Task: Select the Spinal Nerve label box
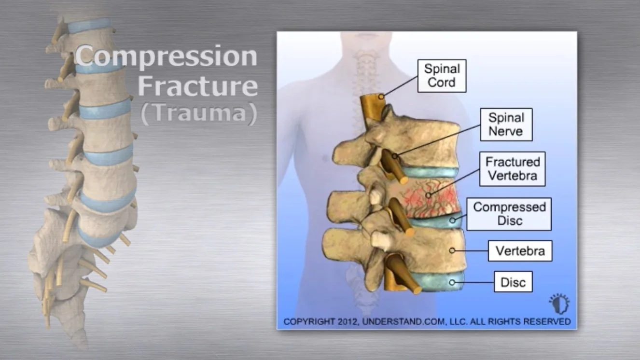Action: pyautogui.click(x=506, y=125)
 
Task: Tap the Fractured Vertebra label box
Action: pyautogui.click(x=512, y=168)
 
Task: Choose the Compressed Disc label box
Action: pyautogui.click(x=509, y=214)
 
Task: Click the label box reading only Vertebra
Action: pyautogui.click(x=520, y=251)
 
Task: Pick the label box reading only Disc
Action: pyautogui.click(x=513, y=282)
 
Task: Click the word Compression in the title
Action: pyautogui.click(x=167, y=56)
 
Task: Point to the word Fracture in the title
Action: pyautogui.click(x=198, y=86)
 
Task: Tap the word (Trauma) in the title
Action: pyautogui.click(x=198, y=114)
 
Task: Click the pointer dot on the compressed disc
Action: pyautogui.click(x=452, y=221)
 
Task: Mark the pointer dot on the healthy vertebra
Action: pyautogui.click(x=452, y=250)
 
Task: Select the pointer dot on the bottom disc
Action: pyautogui.click(x=452, y=282)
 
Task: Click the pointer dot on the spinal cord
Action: pyautogui.click(x=381, y=97)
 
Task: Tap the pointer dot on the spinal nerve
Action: pyautogui.click(x=395, y=156)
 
